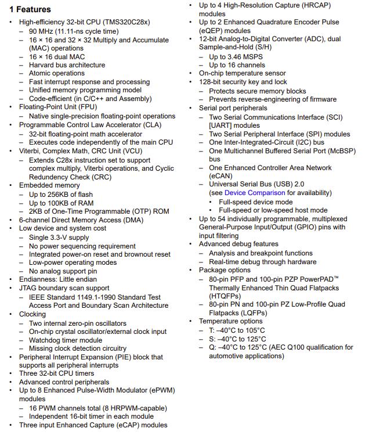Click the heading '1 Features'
(x=30, y=9)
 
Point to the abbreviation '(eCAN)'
(x=222, y=176)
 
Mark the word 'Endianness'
(x=39, y=279)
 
